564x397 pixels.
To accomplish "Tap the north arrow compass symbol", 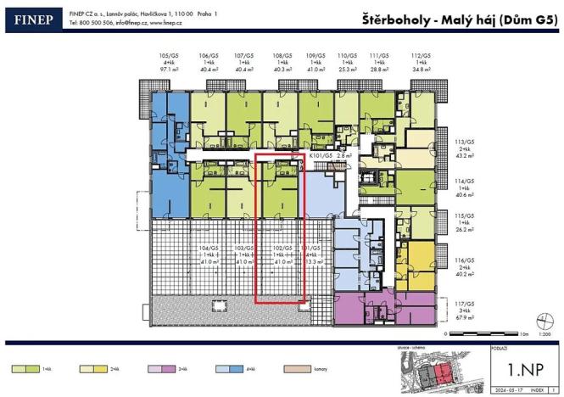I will tap(539, 320).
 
